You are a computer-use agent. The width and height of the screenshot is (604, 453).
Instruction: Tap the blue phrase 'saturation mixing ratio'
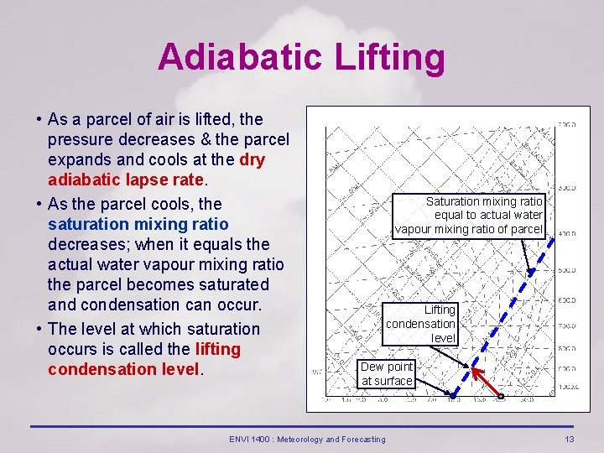(138, 224)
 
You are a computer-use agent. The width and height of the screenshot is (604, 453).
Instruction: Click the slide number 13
(570, 439)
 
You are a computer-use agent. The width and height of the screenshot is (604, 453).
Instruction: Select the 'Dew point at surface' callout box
(387, 373)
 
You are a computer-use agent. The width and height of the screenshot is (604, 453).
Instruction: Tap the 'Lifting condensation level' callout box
(420, 324)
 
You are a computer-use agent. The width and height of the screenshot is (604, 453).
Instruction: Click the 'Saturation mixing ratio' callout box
(469, 216)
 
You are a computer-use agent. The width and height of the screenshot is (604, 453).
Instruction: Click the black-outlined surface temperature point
(501, 395)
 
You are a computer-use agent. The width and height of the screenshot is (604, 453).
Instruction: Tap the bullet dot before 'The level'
(39, 329)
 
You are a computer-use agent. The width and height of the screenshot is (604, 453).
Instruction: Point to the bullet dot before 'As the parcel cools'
(39, 204)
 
